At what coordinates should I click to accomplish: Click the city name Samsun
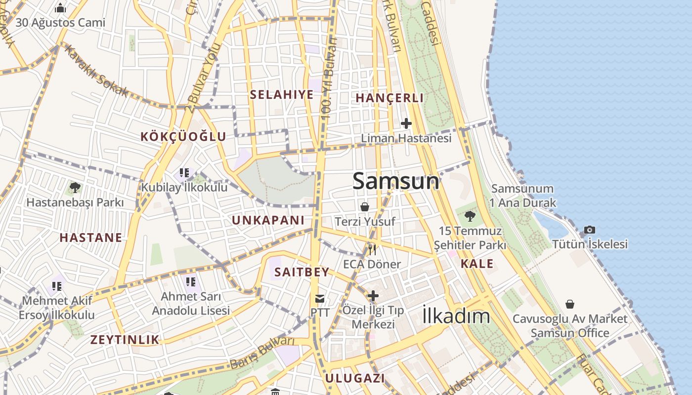[x=395, y=181]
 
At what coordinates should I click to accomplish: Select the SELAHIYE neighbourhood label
[x=282, y=94]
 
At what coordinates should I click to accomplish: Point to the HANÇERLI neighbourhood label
[x=389, y=98]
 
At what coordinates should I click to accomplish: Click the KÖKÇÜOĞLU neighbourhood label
[x=183, y=137]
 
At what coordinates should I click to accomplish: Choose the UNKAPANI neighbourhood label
[x=268, y=220]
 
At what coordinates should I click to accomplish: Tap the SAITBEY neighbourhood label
[x=302, y=272]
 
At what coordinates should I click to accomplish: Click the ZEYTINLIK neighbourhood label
[x=125, y=339]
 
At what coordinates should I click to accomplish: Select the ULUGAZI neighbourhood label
[x=354, y=378]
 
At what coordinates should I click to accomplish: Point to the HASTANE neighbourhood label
[x=91, y=237]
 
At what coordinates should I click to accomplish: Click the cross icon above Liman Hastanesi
[x=406, y=123]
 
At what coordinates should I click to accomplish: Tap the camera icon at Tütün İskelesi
[x=590, y=230]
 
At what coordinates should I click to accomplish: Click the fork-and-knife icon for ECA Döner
[x=372, y=250]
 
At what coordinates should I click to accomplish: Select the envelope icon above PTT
[x=320, y=298]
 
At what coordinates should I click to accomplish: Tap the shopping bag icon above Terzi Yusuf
[x=365, y=207]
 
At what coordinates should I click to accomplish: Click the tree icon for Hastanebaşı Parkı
[x=75, y=188]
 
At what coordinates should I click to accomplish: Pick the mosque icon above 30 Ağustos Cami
[x=60, y=8]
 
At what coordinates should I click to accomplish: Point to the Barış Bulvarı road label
[x=262, y=353]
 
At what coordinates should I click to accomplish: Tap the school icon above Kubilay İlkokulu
[x=184, y=173]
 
